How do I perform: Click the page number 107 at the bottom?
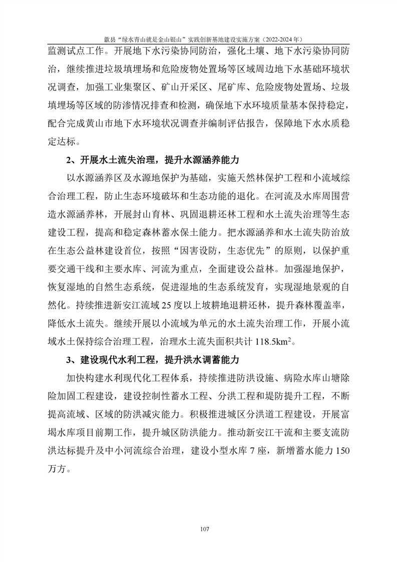pos(203,529)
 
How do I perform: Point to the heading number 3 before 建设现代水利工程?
pos(69,360)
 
